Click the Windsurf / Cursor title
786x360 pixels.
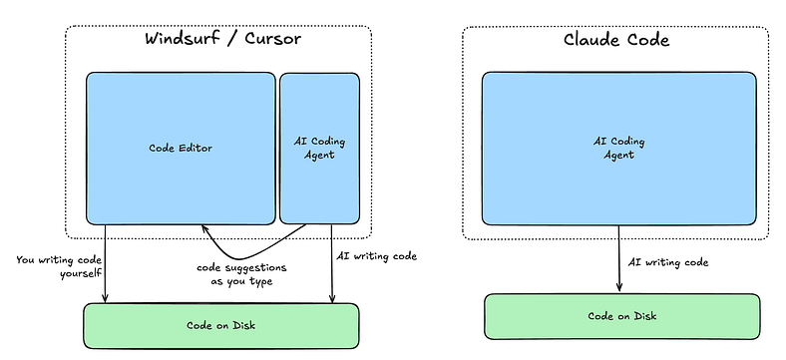[223, 39]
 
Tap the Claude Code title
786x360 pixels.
[616, 39]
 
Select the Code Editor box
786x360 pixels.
[181, 149]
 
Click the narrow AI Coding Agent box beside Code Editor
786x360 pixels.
[319, 149]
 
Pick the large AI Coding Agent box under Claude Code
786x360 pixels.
[619, 149]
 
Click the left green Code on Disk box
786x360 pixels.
[221, 326]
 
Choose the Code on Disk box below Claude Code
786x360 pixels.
[622, 316]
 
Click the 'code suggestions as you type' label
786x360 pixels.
[241, 274]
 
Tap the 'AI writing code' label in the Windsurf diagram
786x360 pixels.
[376, 256]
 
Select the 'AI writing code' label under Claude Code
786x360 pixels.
[668, 262]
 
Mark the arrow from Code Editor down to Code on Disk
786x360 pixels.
[106, 263]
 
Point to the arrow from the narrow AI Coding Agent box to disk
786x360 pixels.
[331, 263]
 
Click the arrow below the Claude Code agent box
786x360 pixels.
[619, 258]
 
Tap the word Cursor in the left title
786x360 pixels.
[272, 39]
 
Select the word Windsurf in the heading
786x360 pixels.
[183, 39]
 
